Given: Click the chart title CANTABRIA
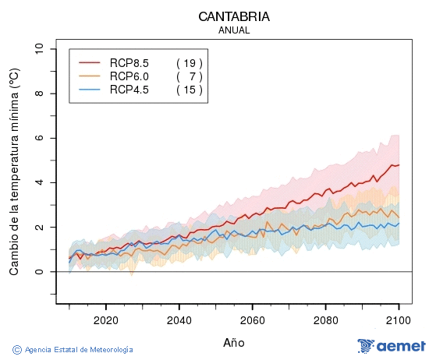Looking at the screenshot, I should pos(234,16).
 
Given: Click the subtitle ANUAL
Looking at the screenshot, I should pos(234,30).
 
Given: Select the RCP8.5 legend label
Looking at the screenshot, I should pos(129,62).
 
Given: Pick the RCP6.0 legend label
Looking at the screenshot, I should pos(129,76).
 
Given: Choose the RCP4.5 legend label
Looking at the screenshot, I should pos(129,90).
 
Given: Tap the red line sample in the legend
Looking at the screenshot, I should pos(90,62).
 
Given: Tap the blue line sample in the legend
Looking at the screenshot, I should pos(90,90).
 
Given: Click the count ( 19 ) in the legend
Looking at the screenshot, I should pos(189,62).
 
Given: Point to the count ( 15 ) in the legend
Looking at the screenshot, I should pos(189,90).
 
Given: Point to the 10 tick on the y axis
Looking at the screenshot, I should pos(39,49).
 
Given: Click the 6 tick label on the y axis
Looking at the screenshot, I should pos(39,138).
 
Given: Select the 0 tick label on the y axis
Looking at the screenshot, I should pos(39,272).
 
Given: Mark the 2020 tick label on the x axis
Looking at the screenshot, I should pos(105,320).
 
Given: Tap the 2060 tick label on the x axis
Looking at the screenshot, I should pos(252,320).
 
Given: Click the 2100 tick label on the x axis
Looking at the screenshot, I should pos(399,320).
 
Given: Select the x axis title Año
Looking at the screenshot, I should pos(234,342).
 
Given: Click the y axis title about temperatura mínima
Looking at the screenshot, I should pos(14,171).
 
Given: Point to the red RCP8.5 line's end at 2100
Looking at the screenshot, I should pos(399,164).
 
